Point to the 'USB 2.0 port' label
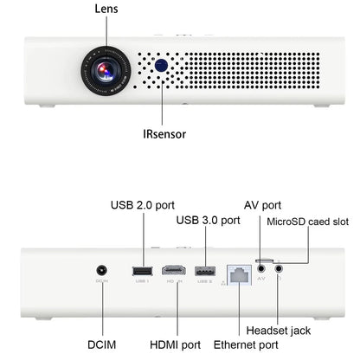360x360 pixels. (143, 205)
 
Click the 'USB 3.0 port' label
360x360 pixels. (208, 220)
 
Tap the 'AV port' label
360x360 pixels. (260, 205)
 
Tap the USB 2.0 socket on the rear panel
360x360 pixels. (141, 272)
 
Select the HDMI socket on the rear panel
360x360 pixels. (174, 272)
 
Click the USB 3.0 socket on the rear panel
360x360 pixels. (206, 272)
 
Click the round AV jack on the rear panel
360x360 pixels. (260, 268)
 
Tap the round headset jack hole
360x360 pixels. (279, 268)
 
